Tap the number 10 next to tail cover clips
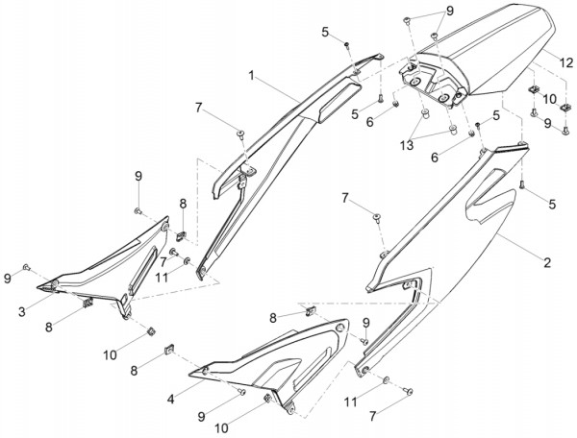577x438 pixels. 550,98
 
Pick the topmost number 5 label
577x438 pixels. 326,32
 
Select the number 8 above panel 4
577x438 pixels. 273,316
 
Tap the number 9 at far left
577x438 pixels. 9,278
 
